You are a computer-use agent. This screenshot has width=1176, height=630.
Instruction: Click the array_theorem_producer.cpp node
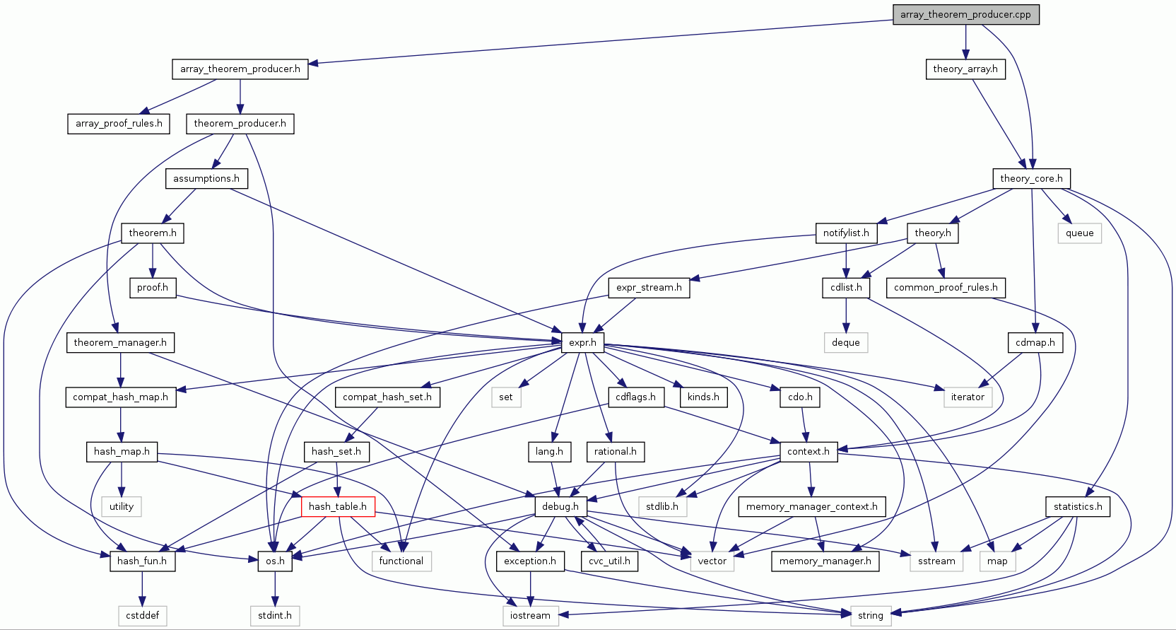(x=965, y=14)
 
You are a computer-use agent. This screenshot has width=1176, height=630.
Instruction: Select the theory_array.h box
(x=965, y=69)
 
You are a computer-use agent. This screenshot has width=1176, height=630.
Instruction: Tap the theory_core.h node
(x=1031, y=178)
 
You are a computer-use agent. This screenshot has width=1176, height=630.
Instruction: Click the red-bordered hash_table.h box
(x=337, y=506)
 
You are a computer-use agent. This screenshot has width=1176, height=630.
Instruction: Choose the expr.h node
(x=582, y=342)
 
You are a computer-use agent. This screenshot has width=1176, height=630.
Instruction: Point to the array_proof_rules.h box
(x=119, y=123)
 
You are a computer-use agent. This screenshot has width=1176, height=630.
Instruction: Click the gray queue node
(x=1079, y=233)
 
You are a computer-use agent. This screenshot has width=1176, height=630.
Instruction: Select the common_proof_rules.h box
(x=946, y=287)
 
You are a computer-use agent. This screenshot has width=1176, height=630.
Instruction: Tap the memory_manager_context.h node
(x=811, y=506)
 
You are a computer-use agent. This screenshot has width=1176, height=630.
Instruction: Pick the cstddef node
(x=142, y=615)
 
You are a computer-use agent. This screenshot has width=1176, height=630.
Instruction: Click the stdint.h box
(x=274, y=615)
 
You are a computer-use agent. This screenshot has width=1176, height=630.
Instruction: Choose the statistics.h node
(x=1077, y=506)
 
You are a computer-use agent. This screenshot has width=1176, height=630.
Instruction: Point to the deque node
(x=845, y=342)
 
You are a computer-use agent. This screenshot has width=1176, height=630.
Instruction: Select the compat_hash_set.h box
(x=387, y=397)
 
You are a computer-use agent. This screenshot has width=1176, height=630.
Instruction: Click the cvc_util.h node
(x=609, y=561)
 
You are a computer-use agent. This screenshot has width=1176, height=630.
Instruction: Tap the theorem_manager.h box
(x=120, y=342)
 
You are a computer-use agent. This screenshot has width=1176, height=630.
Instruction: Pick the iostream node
(x=530, y=615)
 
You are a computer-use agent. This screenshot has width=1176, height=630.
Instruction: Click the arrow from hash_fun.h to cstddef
(x=142, y=588)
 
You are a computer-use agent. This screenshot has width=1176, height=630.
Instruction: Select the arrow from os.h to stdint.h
(x=275, y=588)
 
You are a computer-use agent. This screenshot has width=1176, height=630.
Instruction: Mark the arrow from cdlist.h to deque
(x=846, y=315)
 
